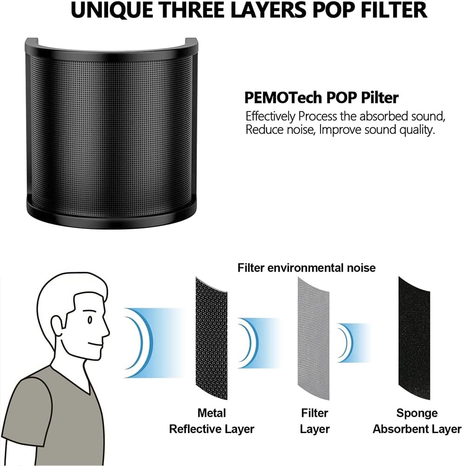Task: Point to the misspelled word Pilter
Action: click(x=379, y=98)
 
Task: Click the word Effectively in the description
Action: click(x=270, y=117)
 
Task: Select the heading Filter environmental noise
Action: click(x=306, y=268)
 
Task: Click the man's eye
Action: click(x=89, y=320)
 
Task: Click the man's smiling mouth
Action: click(x=96, y=345)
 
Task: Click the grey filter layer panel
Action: click(x=313, y=339)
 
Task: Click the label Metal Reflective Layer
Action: click(x=211, y=421)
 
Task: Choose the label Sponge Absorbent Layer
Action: click(x=417, y=421)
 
